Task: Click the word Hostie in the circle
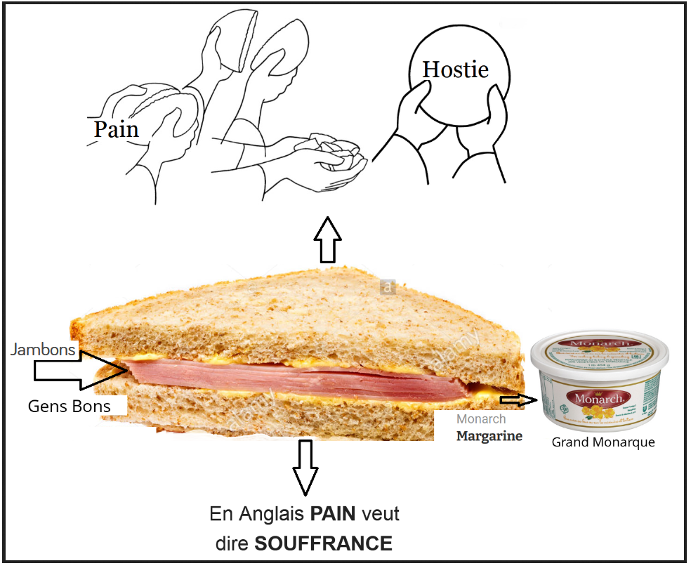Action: (x=455, y=69)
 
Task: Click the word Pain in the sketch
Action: (x=116, y=128)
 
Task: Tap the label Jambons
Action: (x=43, y=349)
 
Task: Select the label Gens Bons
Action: (x=69, y=406)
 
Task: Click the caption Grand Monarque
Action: (x=603, y=442)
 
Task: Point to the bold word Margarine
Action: (x=489, y=436)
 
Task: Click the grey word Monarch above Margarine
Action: (x=480, y=419)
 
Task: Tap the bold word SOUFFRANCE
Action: (x=323, y=543)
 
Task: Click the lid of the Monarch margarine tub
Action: (x=596, y=350)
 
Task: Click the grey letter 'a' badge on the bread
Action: (x=387, y=286)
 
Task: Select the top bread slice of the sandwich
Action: (x=295, y=316)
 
